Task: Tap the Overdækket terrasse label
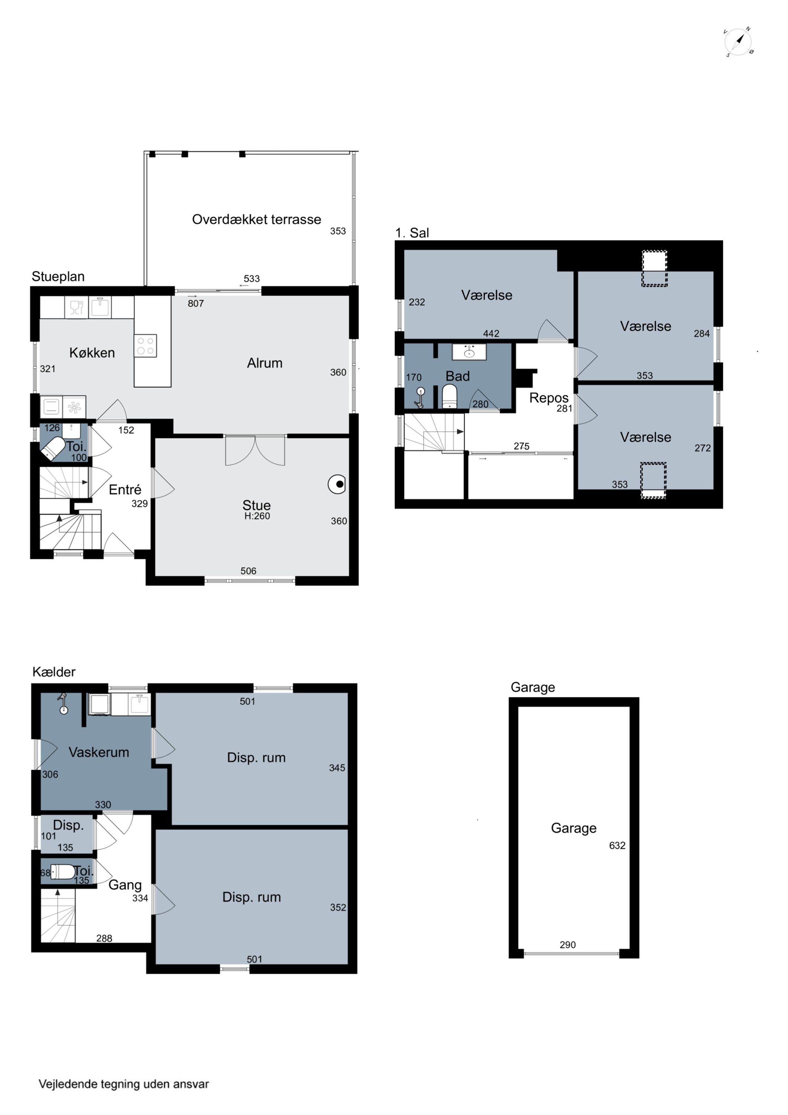coord(256,220)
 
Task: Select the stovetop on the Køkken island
coord(146,346)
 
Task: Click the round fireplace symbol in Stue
coord(337,484)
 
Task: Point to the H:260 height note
coord(257,516)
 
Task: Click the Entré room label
coord(125,489)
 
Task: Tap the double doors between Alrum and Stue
coord(255,451)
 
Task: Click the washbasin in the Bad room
coord(469,352)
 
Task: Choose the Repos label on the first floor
coord(549,398)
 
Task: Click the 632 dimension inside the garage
coord(617,846)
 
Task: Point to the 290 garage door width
coord(568,944)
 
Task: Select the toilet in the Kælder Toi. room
coord(62,872)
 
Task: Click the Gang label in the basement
coord(125,885)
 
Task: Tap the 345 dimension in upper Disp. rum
coord(337,768)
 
